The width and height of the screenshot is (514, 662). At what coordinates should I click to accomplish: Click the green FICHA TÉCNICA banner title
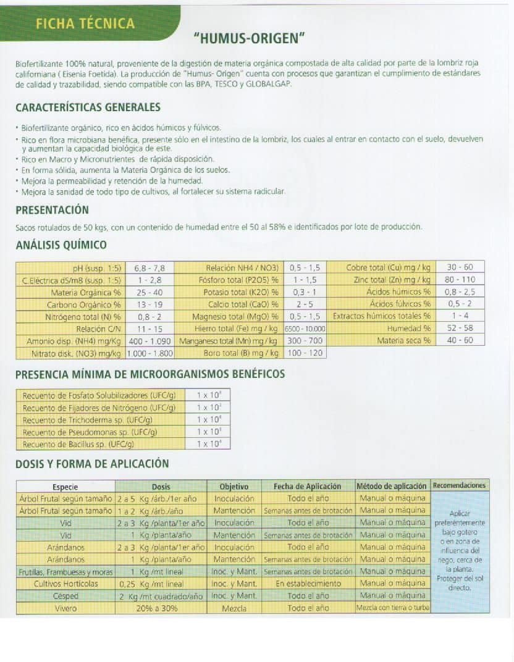pyautogui.click(x=85, y=23)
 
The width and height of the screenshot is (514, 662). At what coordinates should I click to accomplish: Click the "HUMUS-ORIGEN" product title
pyautogui.click(x=250, y=40)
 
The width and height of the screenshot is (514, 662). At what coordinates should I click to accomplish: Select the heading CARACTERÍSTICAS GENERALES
pyautogui.click(x=88, y=107)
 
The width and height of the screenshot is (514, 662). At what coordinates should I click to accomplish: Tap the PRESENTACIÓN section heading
pyautogui.click(x=52, y=210)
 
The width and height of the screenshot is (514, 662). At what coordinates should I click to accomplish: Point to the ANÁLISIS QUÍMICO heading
pyautogui.click(x=61, y=245)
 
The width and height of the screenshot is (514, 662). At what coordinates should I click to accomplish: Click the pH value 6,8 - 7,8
pyautogui.click(x=150, y=268)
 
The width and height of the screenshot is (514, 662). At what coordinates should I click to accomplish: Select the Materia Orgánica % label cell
pyautogui.click(x=86, y=292)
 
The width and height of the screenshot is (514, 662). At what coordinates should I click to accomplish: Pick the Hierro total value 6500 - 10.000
pyautogui.click(x=305, y=329)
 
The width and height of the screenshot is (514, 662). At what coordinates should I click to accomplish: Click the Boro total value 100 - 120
pyautogui.click(x=305, y=353)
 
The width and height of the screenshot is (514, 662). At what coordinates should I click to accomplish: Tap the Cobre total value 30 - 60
pyautogui.click(x=460, y=267)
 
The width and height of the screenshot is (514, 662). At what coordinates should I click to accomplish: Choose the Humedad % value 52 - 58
pyautogui.click(x=460, y=329)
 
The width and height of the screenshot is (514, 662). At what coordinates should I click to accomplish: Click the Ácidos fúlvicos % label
pyautogui.click(x=400, y=304)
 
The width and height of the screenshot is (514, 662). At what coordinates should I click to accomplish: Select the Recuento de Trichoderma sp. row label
pyautogui.click(x=88, y=420)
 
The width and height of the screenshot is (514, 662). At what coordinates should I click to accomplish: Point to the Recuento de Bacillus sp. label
pyautogui.click(x=78, y=444)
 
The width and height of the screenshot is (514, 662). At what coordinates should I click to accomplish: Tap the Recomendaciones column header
pyautogui.click(x=459, y=486)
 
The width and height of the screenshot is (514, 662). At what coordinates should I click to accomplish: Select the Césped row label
pyautogui.click(x=65, y=596)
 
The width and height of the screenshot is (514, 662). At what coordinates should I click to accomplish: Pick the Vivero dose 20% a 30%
pyautogui.click(x=157, y=608)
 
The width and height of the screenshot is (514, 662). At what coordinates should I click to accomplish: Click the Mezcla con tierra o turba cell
pyautogui.click(x=392, y=608)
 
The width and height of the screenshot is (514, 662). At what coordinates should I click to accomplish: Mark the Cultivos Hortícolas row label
pyautogui.click(x=65, y=584)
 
